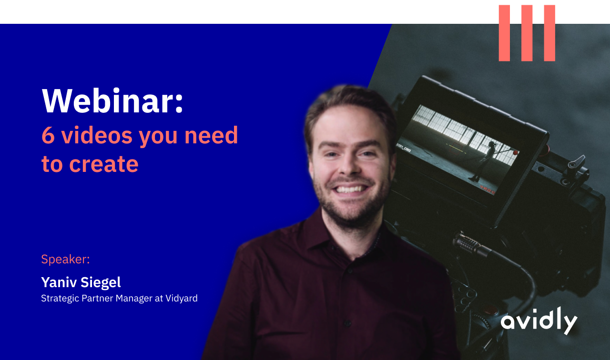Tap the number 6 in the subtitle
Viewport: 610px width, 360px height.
tap(48, 135)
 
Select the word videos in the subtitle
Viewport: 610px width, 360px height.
tap(97, 135)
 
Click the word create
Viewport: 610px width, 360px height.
tap(104, 164)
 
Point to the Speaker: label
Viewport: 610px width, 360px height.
tap(65, 259)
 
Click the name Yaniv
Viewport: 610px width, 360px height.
tap(59, 282)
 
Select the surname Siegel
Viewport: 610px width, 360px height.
tap(101, 282)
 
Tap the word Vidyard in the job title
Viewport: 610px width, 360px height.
tap(182, 299)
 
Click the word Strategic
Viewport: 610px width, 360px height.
tap(60, 299)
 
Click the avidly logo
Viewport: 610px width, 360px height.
tap(539, 321)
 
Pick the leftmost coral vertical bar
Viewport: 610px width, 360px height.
tap(504, 33)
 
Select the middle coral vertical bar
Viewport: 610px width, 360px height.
tap(527, 33)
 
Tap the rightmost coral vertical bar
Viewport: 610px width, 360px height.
tap(549, 33)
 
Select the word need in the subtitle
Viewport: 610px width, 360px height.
tap(211, 135)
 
